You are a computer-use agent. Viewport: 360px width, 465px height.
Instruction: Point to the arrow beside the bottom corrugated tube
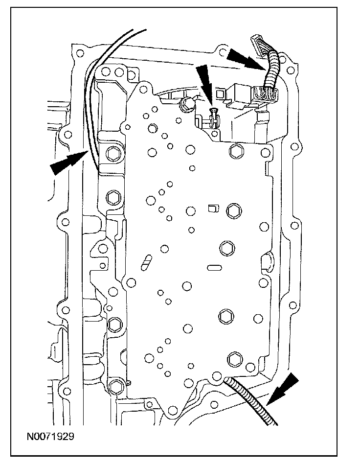tap(281, 388)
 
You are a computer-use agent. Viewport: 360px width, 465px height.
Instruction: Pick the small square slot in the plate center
tap(212, 208)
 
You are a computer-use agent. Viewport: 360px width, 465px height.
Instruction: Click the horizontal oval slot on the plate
tap(214, 267)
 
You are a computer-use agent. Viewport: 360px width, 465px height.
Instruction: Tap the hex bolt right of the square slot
tap(233, 210)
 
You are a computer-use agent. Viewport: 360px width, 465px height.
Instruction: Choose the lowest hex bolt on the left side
tap(115, 385)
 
